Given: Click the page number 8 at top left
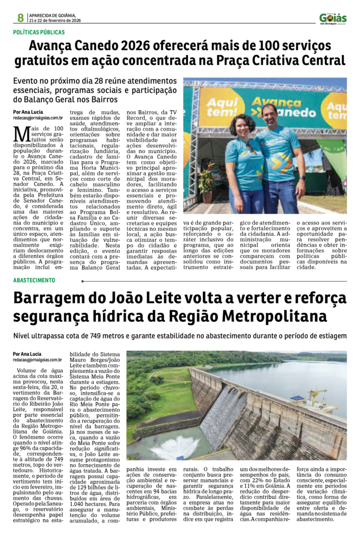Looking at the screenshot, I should point(20,18).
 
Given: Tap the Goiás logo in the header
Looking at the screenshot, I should point(333,18).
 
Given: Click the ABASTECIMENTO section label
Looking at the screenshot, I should point(34,281).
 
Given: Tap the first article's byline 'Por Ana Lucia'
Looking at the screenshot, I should point(28,112).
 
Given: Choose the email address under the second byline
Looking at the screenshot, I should point(38,360).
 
